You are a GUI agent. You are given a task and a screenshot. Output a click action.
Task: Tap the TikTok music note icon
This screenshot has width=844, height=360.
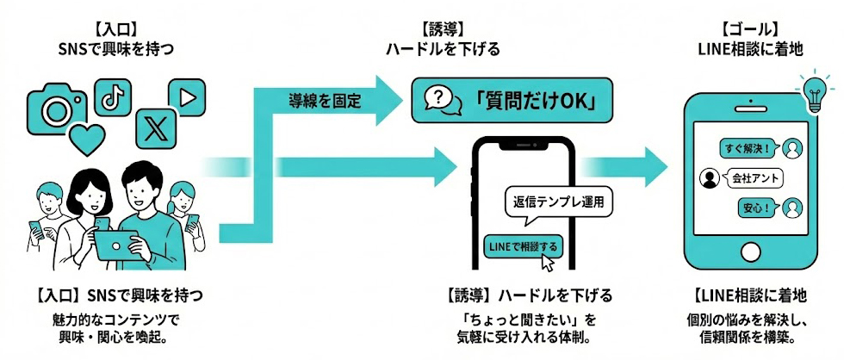pos(112,97)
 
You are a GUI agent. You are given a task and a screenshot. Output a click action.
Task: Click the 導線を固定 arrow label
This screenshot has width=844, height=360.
pos(326,100)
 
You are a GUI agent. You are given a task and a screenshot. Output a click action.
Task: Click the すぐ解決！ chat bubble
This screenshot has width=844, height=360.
pos(746,148)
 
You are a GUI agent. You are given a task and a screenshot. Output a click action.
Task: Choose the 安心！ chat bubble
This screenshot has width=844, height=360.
pos(758,208)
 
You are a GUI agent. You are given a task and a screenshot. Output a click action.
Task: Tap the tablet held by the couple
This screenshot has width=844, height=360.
pos(121,245)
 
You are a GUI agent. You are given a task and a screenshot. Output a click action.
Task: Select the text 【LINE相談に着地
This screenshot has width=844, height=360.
pos(749,296)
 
